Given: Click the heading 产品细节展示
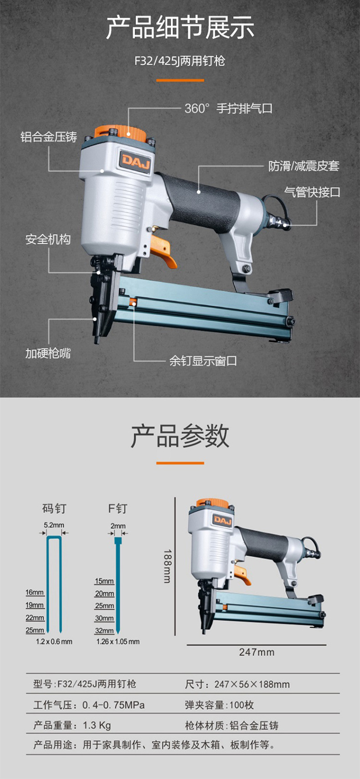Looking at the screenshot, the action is (x=180, y=28).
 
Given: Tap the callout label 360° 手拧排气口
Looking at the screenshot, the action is (x=228, y=108).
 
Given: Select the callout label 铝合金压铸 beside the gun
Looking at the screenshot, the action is (x=49, y=137).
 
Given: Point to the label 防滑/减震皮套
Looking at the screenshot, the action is (x=303, y=166).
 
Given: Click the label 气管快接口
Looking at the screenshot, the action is (x=312, y=192).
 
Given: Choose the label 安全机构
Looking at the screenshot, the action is (x=48, y=239).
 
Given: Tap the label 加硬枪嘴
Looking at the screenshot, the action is (x=48, y=353).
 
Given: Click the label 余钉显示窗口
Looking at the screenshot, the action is (x=203, y=361).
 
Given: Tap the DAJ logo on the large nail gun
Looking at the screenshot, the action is (x=135, y=160).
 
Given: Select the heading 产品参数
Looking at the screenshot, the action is (x=180, y=436).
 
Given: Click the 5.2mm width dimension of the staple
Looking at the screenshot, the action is (x=54, y=525).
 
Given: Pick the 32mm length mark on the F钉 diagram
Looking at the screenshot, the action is (x=104, y=631).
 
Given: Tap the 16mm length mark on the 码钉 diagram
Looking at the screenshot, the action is (x=35, y=593).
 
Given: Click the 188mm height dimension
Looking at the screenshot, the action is (x=167, y=566).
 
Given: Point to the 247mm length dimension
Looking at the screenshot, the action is (x=257, y=652).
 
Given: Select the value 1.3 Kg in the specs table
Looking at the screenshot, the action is (x=97, y=725).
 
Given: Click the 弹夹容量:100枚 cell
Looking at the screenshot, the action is (x=219, y=705).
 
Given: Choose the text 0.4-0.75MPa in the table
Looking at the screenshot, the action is (x=113, y=705).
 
